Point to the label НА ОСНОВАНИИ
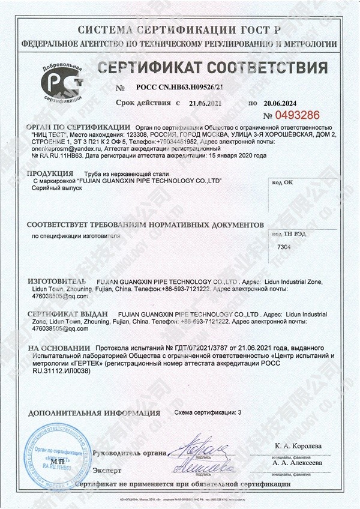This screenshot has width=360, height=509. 54,348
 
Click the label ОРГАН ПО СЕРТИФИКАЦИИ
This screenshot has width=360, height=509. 78,127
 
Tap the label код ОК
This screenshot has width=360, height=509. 282,182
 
